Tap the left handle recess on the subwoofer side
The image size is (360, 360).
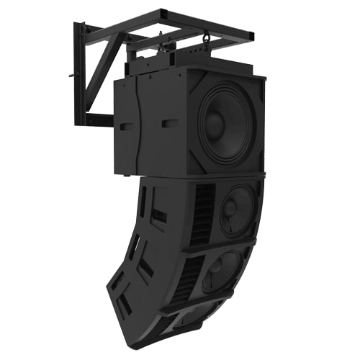click(x=127, y=126)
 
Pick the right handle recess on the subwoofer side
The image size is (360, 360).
click(x=170, y=124)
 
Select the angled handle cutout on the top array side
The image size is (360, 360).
click(x=160, y=215)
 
